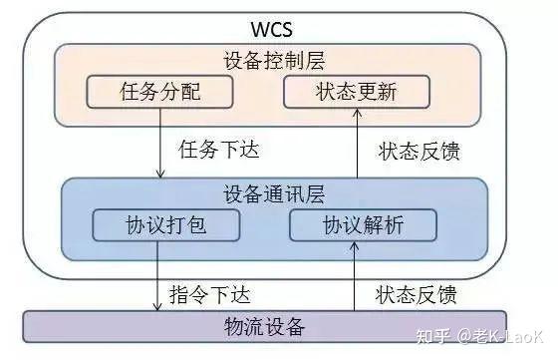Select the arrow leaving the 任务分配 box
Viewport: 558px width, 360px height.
pyautogui.click(x=159, y=145)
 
